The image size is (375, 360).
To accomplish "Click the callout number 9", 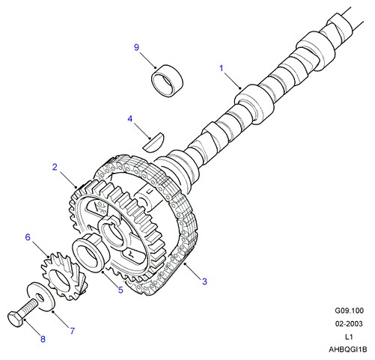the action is (x=136, y=47).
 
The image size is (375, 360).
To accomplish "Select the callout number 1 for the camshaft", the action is (x=222, y=68).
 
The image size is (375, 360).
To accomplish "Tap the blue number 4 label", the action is (x=130, y=119).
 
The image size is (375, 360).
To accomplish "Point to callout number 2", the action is (x=55, y=167).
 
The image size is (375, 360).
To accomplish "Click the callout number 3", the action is (x=204, y=281).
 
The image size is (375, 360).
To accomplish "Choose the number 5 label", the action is (x=121, y=290).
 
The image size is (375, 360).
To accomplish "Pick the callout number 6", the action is (x=28, y=237).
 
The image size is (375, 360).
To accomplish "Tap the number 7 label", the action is (x=73, y=331).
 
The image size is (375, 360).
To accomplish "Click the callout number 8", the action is (x=43, y=339).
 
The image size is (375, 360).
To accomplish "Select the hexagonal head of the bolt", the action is (x=15, y=319).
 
